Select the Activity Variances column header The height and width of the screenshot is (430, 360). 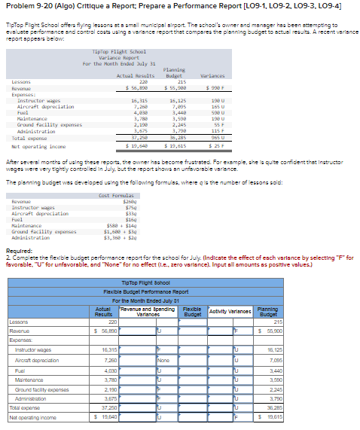[229, 311]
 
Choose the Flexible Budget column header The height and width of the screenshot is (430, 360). [191, 311]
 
